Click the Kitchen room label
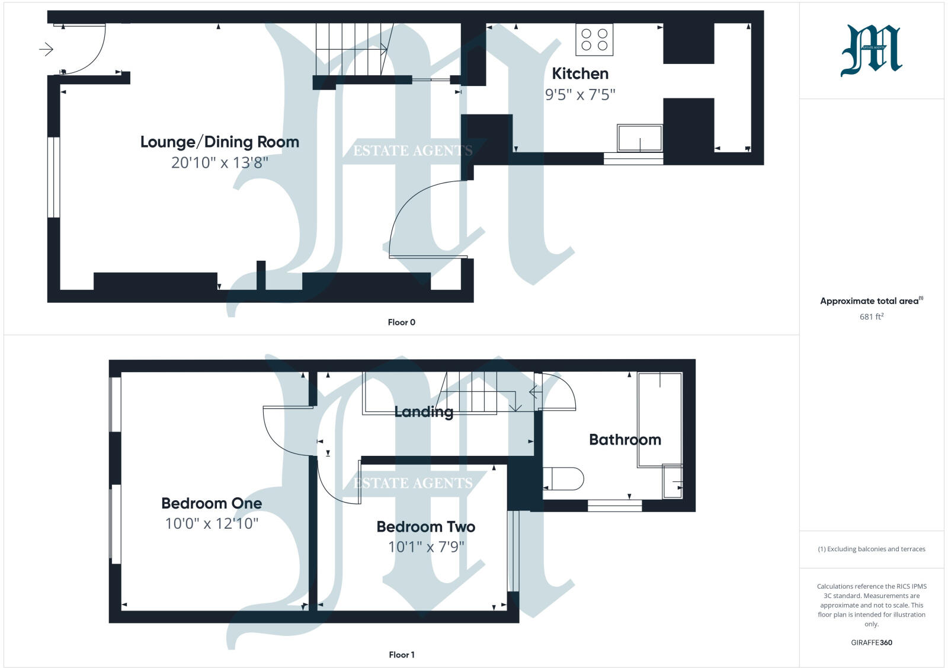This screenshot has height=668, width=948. click(x=580, y=73)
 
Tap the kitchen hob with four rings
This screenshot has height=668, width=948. click(x=594, y=40)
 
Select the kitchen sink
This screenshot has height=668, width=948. click(x=639, y=138)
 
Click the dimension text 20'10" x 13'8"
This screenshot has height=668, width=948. click(x=219, y=162)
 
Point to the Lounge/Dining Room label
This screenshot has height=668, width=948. click(x=219, y=142)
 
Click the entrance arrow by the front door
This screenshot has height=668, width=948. click(x=46, y=49)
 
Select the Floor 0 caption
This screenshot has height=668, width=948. click(x=401, y=322)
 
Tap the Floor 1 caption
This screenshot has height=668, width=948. click(x=401, y=655)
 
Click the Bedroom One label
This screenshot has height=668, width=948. click(x=212, y=503)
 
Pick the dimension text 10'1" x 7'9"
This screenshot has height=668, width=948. click(x=425, y=546)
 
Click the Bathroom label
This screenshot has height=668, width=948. click(x=624, y=440)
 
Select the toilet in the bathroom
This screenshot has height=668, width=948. click(x=563, y=479)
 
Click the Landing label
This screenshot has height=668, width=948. click(x=424, y=411)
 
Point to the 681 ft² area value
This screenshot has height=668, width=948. click(x=871, y=317)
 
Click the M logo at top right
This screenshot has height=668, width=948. click(x=871, y=50)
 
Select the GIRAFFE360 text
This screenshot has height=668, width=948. click(x=871, y=643)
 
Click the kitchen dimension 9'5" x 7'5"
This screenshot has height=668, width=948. click(x=580, y=95)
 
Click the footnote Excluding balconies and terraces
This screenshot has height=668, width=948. click(x=871, y=549)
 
